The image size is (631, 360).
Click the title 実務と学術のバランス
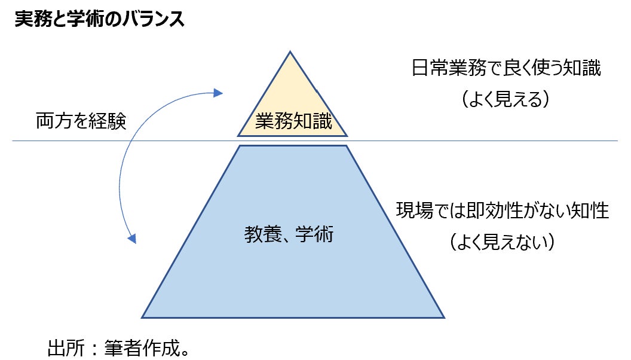pos(99,19)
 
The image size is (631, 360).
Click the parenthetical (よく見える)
pos(506,99)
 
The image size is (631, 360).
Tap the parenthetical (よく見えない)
pos(503,242)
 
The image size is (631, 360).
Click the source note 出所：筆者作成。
pos(119,347)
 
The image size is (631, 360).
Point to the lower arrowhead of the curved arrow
pos(133,239)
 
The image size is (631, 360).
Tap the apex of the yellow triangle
pos(291,52)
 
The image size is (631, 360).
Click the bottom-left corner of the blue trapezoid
pos(142,317)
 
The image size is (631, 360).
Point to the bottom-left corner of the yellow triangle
pos(238,136)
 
